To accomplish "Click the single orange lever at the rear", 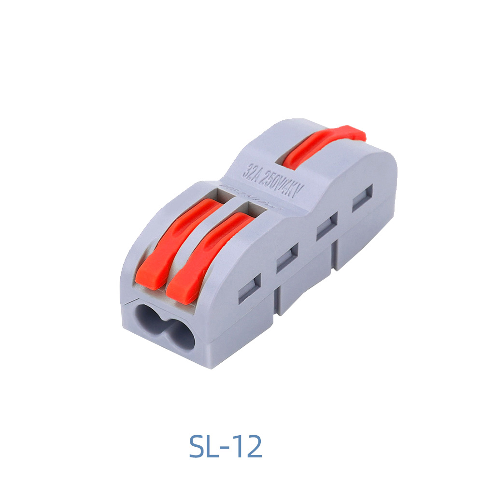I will click(319, 147).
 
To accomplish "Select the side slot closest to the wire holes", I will click(250, 288).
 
